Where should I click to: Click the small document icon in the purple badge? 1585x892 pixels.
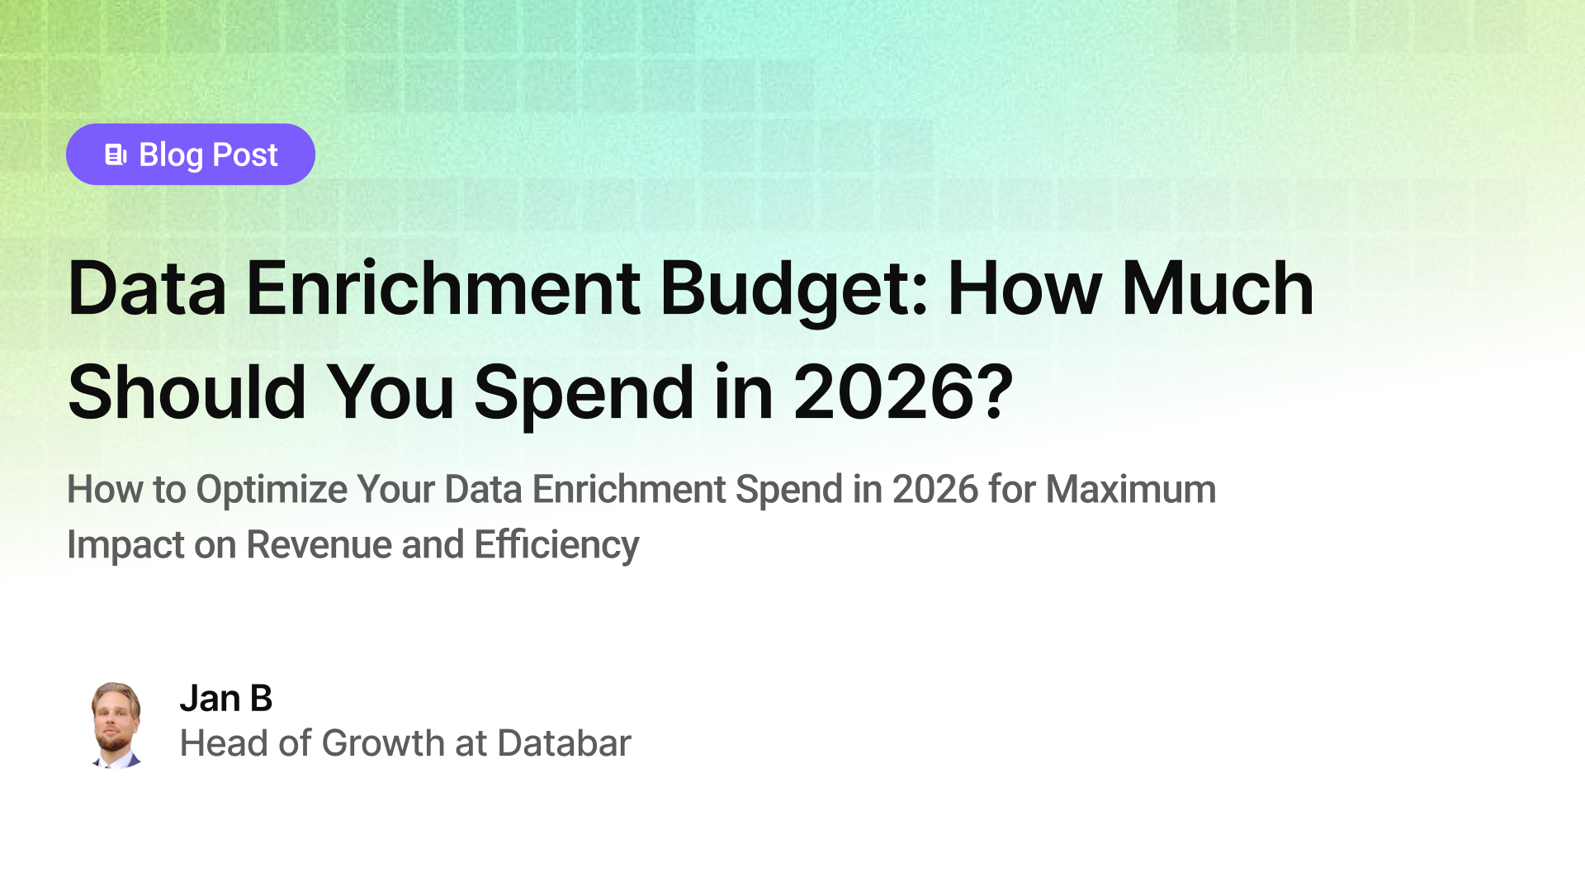[116, 154]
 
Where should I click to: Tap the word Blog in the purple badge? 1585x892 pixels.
[171, 154]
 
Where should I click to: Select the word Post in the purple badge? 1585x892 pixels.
[245, 154]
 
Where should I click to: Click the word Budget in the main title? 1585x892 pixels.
[793, 289]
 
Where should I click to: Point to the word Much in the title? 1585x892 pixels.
[1217, 289]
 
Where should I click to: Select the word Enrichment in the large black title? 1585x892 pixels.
[442, 289]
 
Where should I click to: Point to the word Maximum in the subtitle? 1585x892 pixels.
[1130, 489]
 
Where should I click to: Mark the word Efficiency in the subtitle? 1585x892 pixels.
[556, 545]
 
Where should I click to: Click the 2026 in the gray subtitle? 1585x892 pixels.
[935, 489]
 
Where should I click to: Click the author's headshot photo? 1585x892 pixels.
[116, 725]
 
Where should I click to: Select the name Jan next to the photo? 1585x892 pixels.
[210, 699]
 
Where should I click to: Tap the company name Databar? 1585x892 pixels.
[564, 743]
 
